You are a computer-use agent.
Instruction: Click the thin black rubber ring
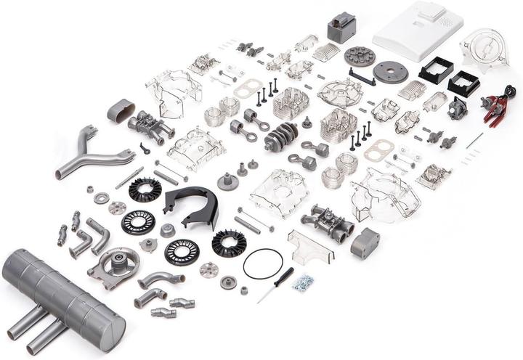[x=261, y=263]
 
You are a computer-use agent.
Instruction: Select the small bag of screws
[x=303, y=282]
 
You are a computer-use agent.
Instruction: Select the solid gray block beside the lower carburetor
[x=365, y=242]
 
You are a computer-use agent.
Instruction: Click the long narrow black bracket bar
[x=361, y=76]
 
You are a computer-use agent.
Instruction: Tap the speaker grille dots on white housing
[x=445, y=22]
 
